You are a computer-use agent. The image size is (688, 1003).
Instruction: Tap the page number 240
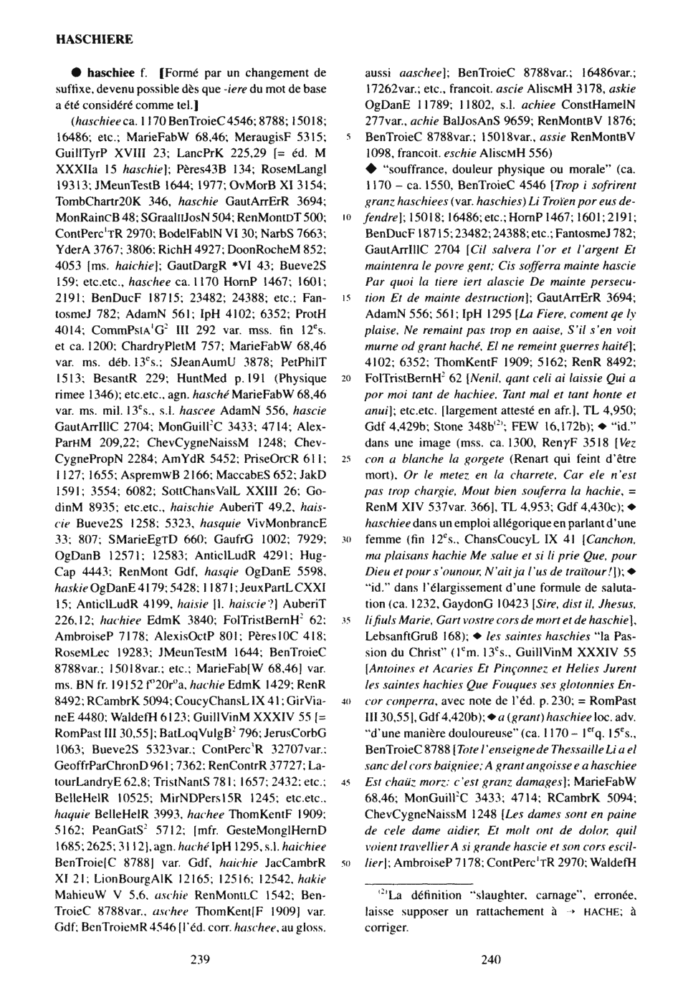pyautogui.click(x=491, y=959)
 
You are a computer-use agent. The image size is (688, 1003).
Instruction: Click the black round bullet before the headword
pyautogui.click(x=74, y=73)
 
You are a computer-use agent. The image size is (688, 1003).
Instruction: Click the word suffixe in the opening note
pyautogui.click(x=74, y=88)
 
